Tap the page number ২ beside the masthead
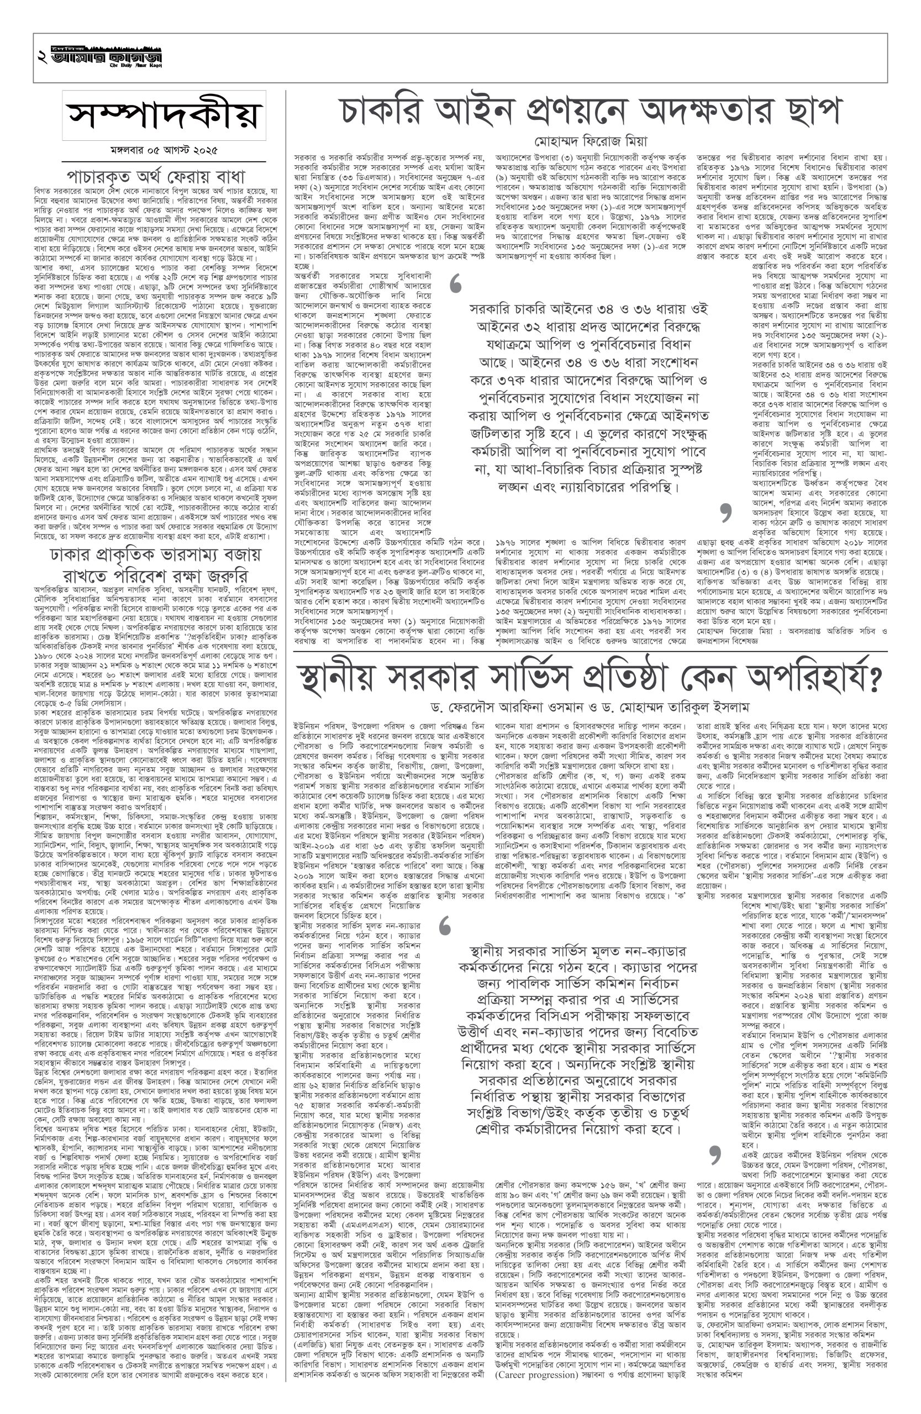click(41, 58)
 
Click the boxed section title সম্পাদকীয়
click(164, 115)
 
